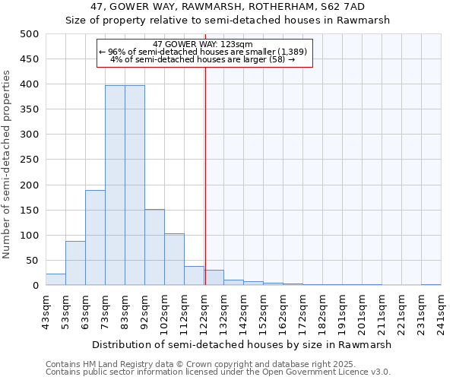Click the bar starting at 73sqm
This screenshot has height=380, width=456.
click(115, 185)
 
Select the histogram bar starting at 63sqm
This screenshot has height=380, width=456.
click(95, 238)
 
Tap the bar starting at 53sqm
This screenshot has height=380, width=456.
click(75, 263)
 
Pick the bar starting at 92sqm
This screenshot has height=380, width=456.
click(154, 247)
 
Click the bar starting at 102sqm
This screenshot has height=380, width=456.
click(174, 259)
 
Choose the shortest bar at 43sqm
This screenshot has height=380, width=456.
click(55, 280)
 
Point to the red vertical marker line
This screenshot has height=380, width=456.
click(205, 175)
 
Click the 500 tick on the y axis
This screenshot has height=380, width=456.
click(30, 34)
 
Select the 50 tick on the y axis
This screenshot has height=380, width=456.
click(33, 261)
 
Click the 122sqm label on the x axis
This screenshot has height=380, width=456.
click(204, 312)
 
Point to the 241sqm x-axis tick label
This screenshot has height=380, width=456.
click(441, 312)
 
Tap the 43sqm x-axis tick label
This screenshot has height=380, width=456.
click(46, 312)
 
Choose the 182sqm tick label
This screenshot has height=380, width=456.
click(322, 312)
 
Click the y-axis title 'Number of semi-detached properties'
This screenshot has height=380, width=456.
click(8, 163)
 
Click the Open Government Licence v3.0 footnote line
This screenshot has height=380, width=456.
click(218, 372)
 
